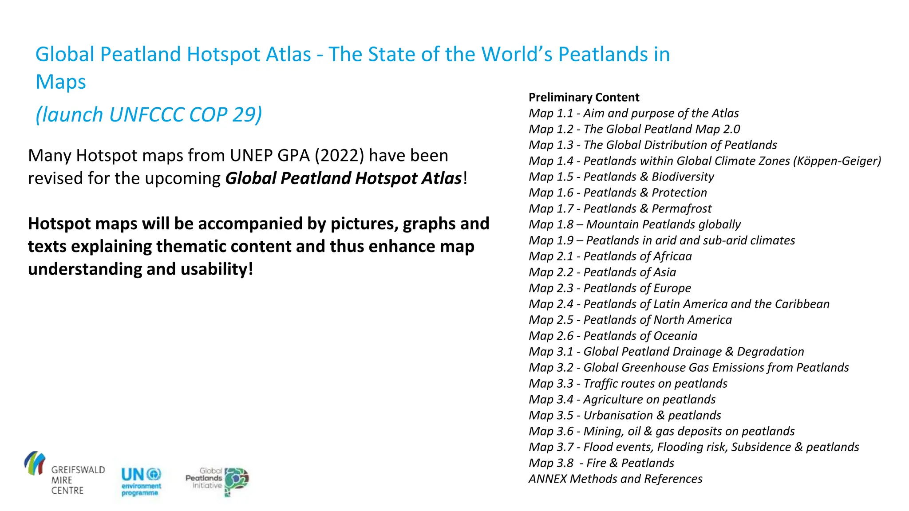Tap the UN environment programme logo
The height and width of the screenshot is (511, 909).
141,481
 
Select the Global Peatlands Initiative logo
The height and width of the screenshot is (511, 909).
217,481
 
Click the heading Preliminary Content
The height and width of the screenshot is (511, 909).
584,97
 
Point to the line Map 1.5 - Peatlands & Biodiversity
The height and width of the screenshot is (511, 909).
621,177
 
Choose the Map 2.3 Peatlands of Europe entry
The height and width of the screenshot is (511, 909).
609,288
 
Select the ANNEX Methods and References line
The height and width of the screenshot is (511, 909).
615,479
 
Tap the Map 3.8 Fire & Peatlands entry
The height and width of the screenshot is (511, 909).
601,463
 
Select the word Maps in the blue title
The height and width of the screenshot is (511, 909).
61,82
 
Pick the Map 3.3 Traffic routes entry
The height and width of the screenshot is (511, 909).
628,383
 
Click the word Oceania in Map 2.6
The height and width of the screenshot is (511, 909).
675,335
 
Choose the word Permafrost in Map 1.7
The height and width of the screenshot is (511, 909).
681,208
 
